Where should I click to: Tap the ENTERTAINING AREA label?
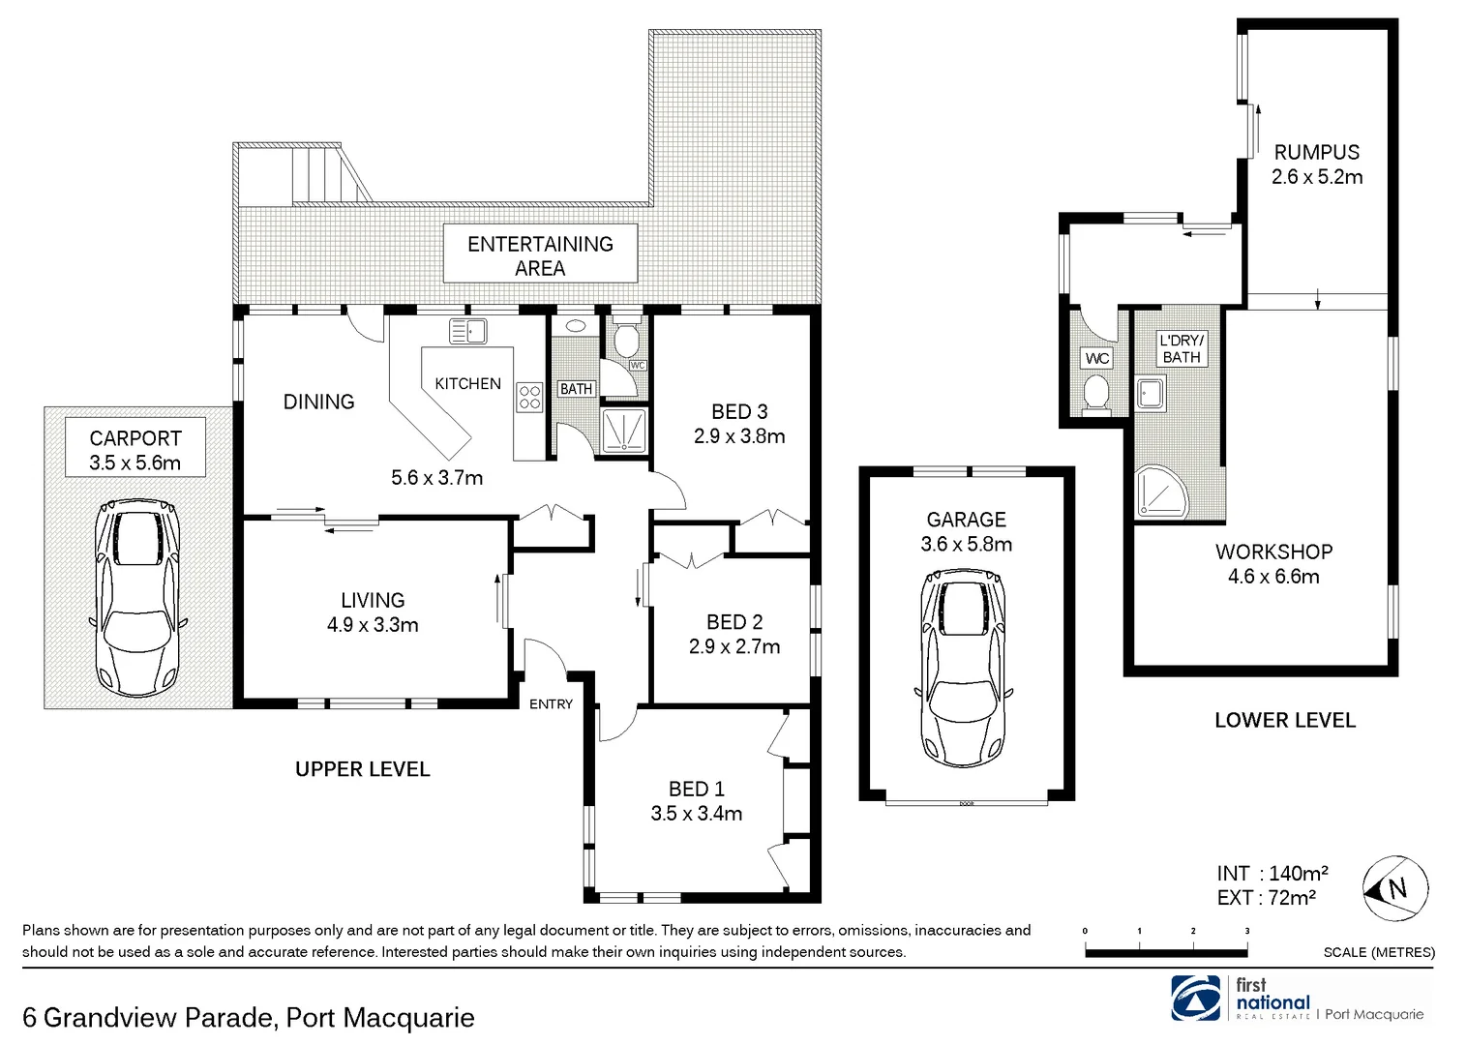pos(540,255)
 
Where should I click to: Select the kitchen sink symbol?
pos(468,332)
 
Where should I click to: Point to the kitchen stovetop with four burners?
pos(529,397)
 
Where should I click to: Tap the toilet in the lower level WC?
pos(1096,394)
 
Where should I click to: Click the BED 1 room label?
pos(696,790)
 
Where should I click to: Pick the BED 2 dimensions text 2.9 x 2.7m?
pos(734,646)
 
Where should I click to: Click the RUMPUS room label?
pos(1316,152)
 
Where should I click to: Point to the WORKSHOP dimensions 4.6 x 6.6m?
pos(1273,577)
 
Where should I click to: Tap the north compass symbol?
pos(1395,887)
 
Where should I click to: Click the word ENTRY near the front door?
pos(551,704)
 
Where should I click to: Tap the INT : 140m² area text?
pos(1272,873)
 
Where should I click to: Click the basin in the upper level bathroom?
pos(576,326)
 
